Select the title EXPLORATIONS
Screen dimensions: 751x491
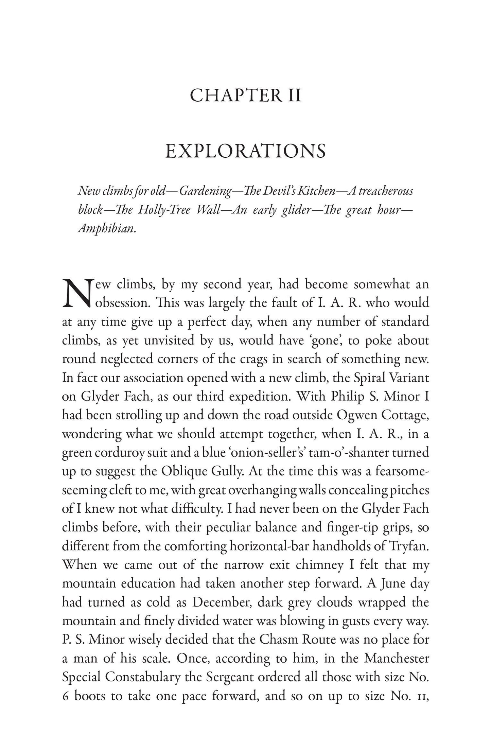pos(245,152)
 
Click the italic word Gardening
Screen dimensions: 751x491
pos(205,191)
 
